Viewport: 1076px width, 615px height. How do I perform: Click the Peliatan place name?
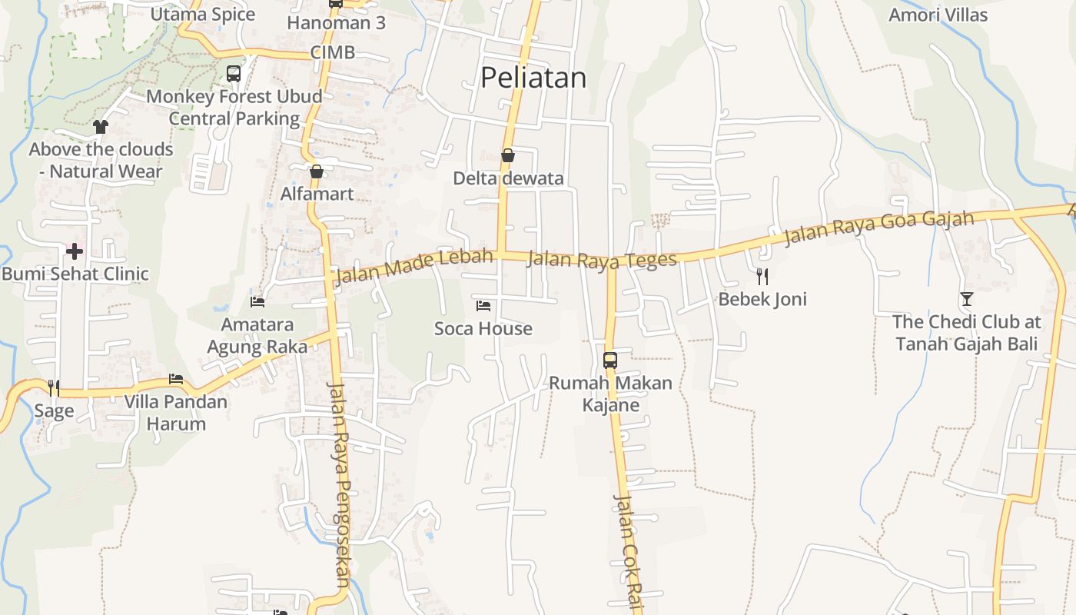533,78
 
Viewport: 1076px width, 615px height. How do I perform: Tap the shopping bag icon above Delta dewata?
507,156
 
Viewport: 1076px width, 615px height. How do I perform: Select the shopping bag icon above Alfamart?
316,171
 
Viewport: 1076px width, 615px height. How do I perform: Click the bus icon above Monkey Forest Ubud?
234,74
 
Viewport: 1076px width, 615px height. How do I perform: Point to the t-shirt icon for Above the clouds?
101,127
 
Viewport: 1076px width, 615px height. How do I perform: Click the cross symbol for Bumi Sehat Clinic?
75,251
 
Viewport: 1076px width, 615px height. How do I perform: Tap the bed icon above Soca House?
483,306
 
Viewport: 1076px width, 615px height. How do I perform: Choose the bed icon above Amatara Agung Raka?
257,302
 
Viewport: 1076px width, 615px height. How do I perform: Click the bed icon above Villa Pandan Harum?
176,379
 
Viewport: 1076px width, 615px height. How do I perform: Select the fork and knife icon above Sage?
54,387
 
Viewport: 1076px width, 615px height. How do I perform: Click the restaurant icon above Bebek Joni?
762,276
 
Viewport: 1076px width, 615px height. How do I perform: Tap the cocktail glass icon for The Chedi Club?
967,299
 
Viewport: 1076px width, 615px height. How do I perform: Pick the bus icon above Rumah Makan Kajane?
610,360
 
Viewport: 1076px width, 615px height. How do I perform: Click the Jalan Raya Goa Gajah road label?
879,228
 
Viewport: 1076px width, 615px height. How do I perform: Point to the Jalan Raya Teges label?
602,260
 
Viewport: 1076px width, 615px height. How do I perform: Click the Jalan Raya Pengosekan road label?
340,484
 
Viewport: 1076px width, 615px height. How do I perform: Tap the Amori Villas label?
938,15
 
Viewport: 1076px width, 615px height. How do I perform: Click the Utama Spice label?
203,15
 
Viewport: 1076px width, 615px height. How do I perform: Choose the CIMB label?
333,52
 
